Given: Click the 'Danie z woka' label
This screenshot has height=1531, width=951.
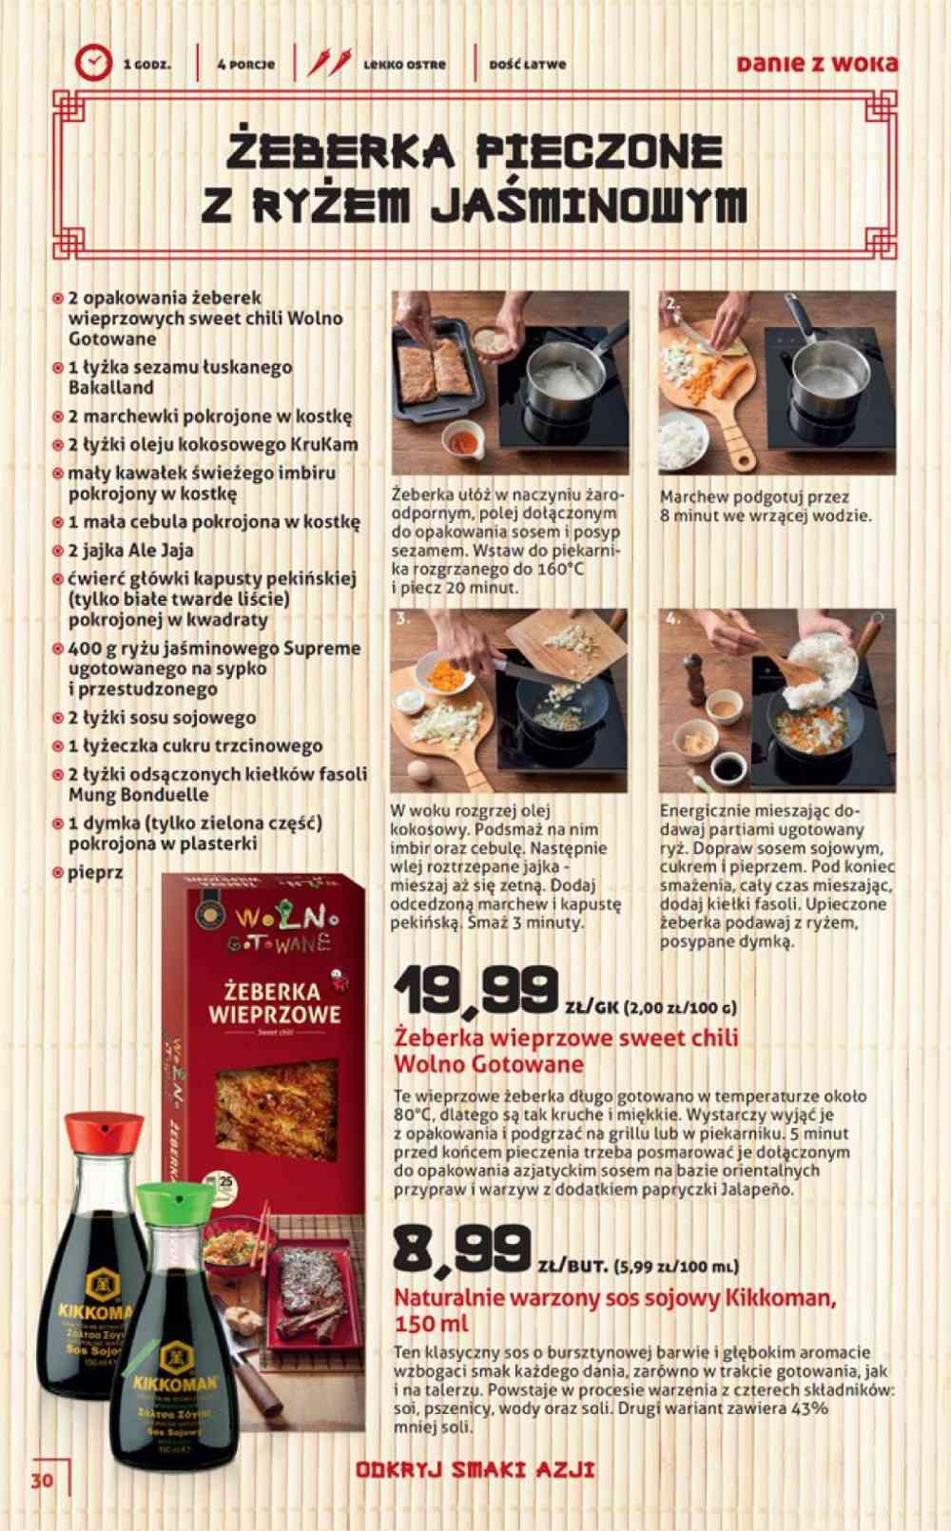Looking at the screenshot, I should (817, 64).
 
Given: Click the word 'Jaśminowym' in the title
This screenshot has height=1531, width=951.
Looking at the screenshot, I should (589, 204).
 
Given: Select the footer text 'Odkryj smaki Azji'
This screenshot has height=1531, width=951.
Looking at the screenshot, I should (475, 1469).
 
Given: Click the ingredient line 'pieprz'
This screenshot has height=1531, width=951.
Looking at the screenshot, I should (95, 872).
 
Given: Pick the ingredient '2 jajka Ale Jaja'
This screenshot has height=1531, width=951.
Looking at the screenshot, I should (130, 550).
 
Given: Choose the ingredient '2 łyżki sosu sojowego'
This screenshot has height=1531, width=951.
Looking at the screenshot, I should (162, 718).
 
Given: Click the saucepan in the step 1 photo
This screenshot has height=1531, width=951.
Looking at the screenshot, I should (561, 380).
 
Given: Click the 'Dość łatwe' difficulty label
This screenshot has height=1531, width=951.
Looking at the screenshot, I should (527, 65).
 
